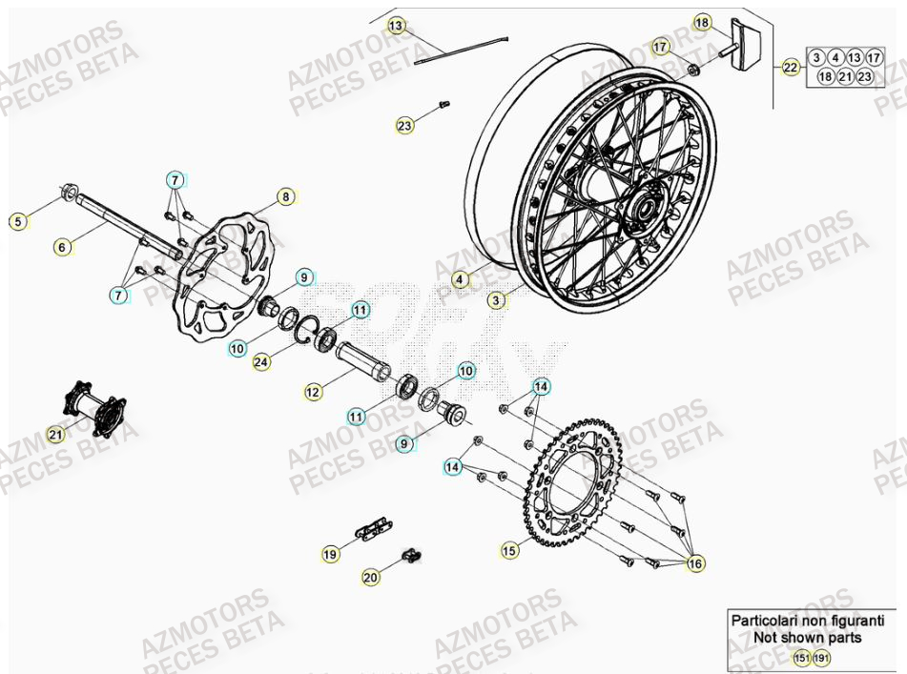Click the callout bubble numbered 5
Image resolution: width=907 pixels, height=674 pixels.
point(16,222)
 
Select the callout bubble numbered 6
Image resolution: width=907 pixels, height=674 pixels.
point(62,248)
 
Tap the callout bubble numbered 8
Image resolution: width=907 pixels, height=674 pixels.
point(284,197)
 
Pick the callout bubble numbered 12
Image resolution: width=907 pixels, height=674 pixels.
point(315,391)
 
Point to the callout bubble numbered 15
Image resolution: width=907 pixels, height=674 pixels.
point(509,550)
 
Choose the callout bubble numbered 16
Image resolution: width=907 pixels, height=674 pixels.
point(695,564)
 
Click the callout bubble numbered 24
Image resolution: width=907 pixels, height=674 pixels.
point(261,362)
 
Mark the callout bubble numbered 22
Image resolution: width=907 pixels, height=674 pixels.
point(791,68)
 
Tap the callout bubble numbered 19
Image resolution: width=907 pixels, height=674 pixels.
point(330,553)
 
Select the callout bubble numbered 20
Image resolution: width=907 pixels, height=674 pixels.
point(370,576)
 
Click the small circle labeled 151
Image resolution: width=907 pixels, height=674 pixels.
point(801,659)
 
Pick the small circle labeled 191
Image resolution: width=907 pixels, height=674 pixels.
point(821,659)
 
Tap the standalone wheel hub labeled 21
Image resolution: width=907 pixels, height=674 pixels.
point(95,409)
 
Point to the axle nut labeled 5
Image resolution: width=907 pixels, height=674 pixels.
point(70,193)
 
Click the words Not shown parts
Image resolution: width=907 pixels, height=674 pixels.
point(807,638)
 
